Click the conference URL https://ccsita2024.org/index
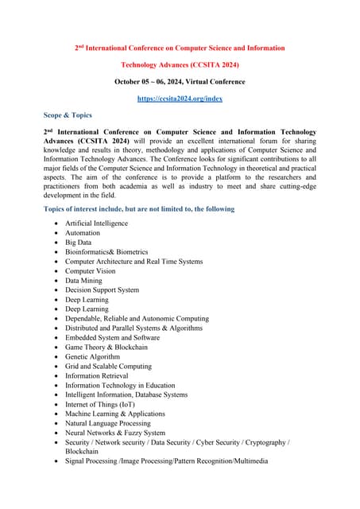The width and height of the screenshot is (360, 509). pos(179,99)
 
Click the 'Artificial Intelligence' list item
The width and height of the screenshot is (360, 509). pos(96,223)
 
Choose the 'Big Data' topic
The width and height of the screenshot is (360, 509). pos(79,243)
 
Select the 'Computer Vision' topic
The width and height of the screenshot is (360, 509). pos(90,271)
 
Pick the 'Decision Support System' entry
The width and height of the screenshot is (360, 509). pos(102,290)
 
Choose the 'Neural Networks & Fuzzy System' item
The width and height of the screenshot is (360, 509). pos(115,433)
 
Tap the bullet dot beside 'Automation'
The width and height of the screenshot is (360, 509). pos(55,233)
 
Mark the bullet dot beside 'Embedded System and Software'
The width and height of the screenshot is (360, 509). pos(55,338)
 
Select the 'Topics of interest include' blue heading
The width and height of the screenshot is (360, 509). pos(140,209)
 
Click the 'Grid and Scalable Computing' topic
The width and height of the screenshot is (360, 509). pos(108,367)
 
